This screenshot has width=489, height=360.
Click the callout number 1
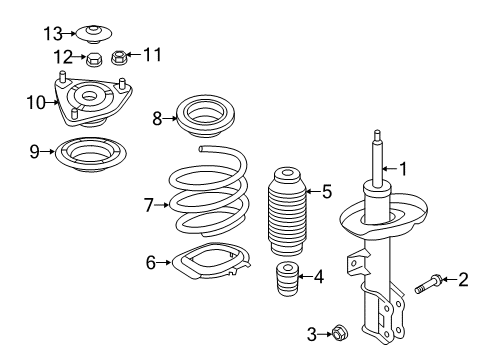point(404,169)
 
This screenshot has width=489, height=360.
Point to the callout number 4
point(318,276)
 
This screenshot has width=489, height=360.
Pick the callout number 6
point(151,263)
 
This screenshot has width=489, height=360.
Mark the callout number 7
point(148,205)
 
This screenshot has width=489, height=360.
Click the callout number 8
point(157,118)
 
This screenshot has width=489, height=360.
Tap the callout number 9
point(34,152)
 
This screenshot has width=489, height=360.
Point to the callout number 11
point(153,54)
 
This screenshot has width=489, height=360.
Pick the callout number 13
point(52,32)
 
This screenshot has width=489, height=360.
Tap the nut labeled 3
point(340,331)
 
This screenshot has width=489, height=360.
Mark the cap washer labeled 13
point(93,32)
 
